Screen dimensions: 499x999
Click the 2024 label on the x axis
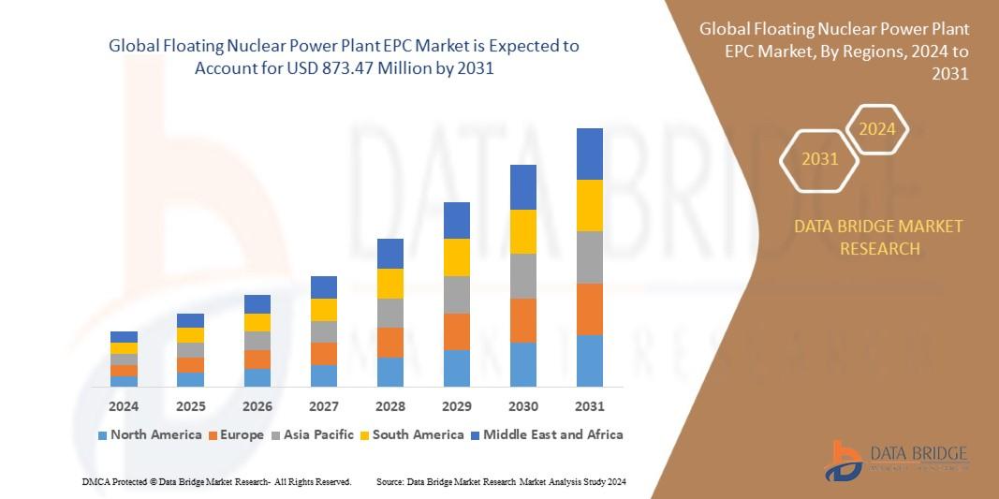pos(124,406)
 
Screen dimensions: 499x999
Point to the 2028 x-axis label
pos(390,406)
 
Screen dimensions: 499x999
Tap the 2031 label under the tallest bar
pos(590,406)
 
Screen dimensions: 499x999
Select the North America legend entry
pos(150,434)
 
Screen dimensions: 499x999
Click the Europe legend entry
pos(240,434)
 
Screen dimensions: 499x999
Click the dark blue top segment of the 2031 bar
pos(590,154)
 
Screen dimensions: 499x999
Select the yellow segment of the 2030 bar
pos(523,231)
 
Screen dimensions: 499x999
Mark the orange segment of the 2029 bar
pos(457,331)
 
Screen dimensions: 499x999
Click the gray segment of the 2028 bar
pos(390,313)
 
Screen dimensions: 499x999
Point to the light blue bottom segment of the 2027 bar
pos(324,375)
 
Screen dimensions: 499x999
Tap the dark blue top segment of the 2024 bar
pos(124,337)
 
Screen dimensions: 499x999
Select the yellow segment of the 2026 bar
pos(257,322)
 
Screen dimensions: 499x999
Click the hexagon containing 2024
pos(877,129)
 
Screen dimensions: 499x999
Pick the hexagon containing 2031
pos(819,159)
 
